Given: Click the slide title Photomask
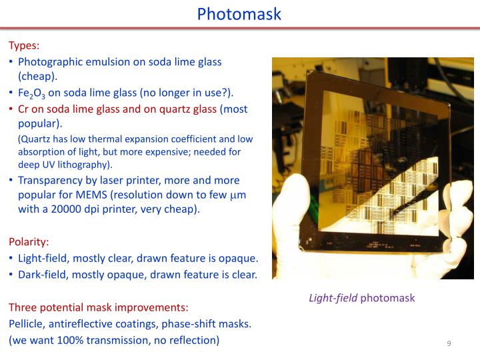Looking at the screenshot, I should pyautogui.click(x=239, y=14).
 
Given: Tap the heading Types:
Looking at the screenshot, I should pyautogui.click(x=24, y=46).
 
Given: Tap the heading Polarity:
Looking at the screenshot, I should pyautogui.click(x=29, y=241).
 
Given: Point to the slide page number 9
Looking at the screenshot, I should pyautogui.click(x=449, y=343).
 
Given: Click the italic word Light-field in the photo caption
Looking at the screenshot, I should pyautogui.click(x=333, y=298).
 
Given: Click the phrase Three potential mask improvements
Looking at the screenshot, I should pyautogui.click(x=98, y=307).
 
